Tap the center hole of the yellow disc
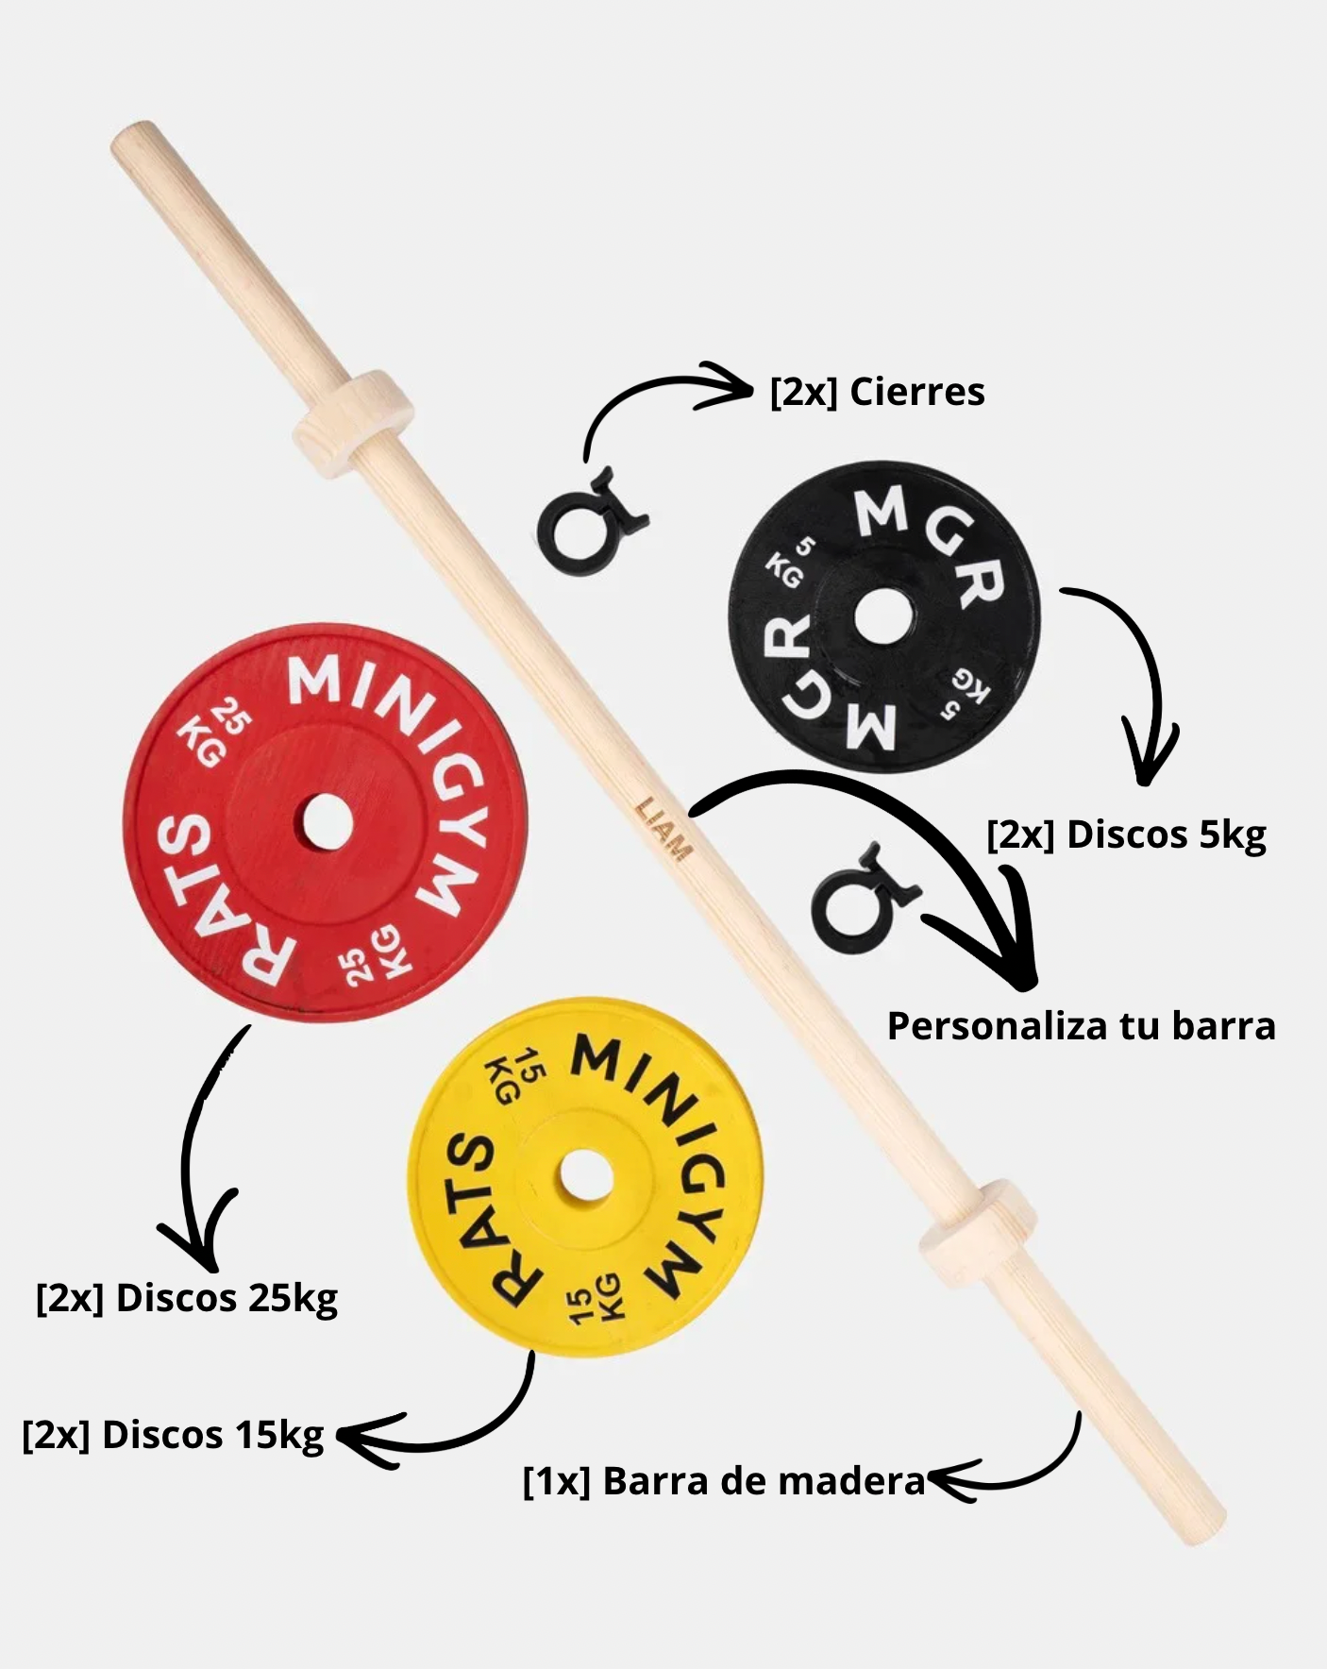[x=585, y=1176]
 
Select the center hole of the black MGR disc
[x=883, y=619]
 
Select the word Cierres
[x=916, y=392]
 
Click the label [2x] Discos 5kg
[x=1126, y=835]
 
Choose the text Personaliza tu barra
[x=1081, y=1026]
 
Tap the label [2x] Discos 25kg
[x=187, y=1299]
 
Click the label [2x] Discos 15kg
[x=174, y=1436]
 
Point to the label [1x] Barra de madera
[x=724, y=1481]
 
